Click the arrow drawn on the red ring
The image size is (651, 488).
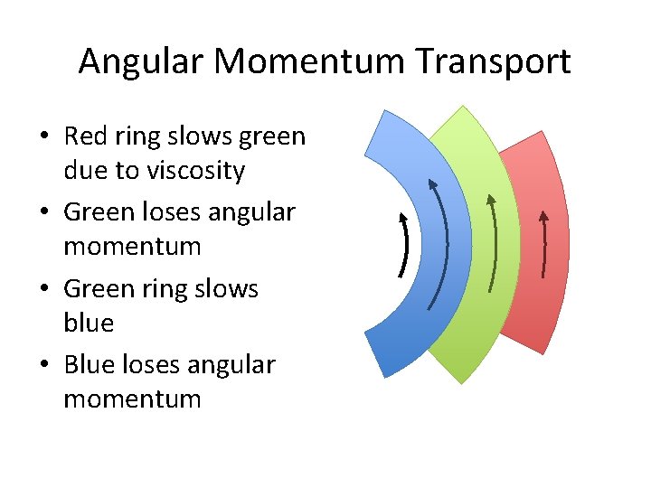(x=543, y=244)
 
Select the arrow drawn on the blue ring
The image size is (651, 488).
(x=440, y=244)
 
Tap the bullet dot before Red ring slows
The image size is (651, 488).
(x=43, y=137)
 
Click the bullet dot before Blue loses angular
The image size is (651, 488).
(x=43, y=366)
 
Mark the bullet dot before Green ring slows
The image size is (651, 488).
(x=43, y=290)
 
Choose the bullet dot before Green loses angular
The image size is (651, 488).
(x=43, y=213)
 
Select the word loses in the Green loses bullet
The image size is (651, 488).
(x=172, y=212)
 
